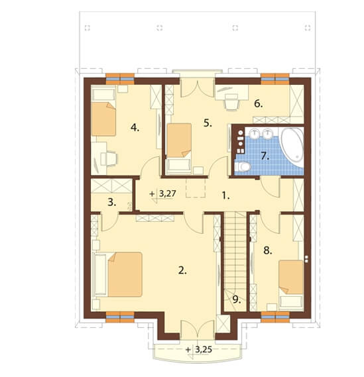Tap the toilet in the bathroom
(x=243, y=166)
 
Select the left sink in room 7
(x=253, y=134)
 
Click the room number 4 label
(x=135, y=128)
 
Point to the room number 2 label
(x=182, y=271)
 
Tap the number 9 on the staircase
(x=237, y=299)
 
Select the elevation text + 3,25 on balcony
(x=199, y=349)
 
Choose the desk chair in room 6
(x=231, y=103)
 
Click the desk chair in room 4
(x=109, y=159)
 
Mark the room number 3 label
(x=111, y=203)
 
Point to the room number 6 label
(x=259, y=104)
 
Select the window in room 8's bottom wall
(x=275, y=317)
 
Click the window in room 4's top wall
(x=120, y=79)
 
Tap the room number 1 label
(x=225, y=196)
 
